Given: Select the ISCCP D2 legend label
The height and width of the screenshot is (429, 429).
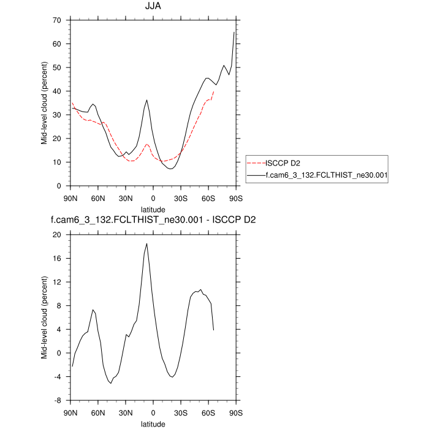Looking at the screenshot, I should [283, 164].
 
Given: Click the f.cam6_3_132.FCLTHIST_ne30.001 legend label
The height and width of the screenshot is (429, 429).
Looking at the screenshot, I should [325, 175].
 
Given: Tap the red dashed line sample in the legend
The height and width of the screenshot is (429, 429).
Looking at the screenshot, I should [256, 164].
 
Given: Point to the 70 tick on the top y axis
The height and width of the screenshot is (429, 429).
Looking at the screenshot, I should [61, 20].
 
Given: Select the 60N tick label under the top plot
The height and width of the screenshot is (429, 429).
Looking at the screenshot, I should [98, 197].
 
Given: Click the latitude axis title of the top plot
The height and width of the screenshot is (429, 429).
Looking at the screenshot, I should [153, 208].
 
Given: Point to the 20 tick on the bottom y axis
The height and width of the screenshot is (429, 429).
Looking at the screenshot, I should [61, 235].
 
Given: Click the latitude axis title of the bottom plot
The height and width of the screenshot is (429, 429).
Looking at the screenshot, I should [153, 423].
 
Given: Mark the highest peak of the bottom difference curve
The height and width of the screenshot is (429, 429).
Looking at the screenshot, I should [146, 244].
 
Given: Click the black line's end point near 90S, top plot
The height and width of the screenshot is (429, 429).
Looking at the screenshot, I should [234, 32].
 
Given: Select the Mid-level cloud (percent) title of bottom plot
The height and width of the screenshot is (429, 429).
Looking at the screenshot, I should [45, 317].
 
